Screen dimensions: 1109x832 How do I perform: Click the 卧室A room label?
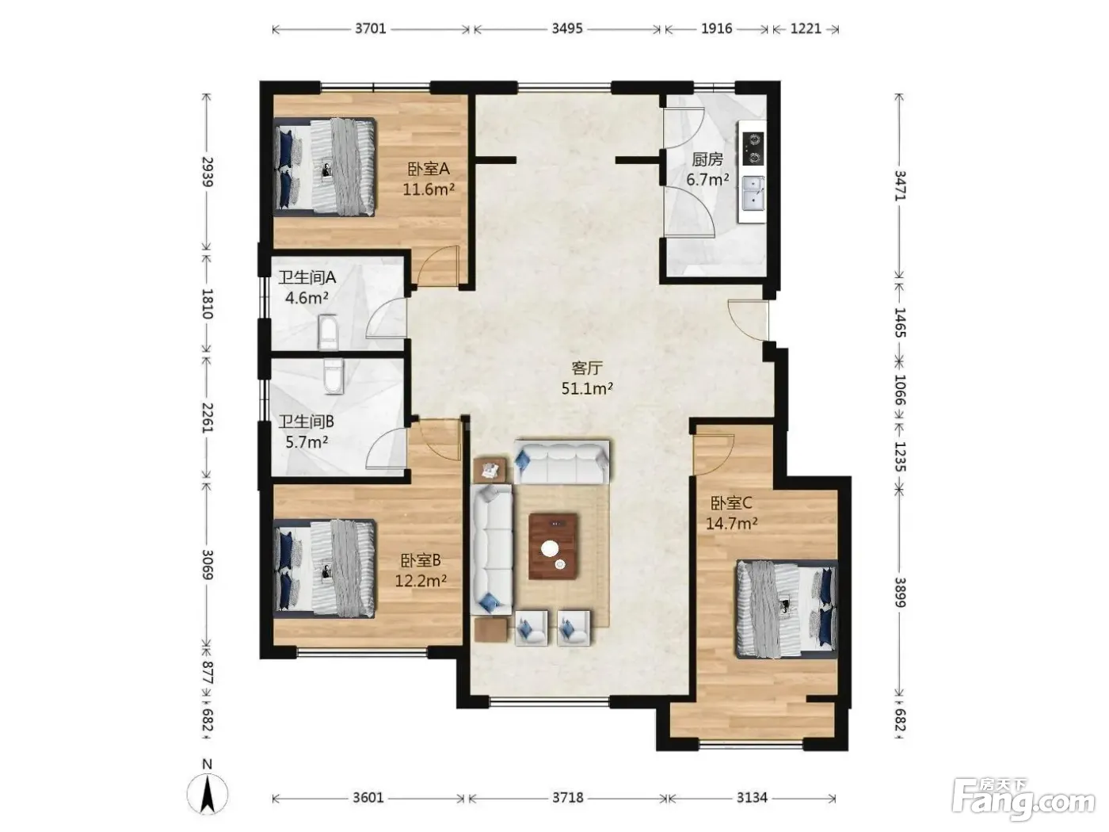pyautogui.click(x=429, y=168)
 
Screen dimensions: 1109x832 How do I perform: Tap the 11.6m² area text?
pyautogui.click(x=429, y=189)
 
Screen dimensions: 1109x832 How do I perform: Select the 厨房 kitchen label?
pyautogui.click(x=707, y=159)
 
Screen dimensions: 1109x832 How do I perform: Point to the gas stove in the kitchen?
pyautogui.click(x=753, y=148)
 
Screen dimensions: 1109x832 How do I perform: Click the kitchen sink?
pyautogui.click(x=753, y=193)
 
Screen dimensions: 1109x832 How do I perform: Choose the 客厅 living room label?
pyautogui.click(x=587, y=368)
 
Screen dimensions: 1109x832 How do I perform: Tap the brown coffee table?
pyautogui.click(x=553, y=546)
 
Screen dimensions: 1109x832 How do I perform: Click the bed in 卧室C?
pyautogui.click(x=786, y=609)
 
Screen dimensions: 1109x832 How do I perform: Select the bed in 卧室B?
pyautogui.click(x=324, y=568)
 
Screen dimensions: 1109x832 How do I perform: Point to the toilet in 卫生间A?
pyautogui.click(x=329, y=332)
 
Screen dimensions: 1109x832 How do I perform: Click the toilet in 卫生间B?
pyautogui.click(x=333, y=376)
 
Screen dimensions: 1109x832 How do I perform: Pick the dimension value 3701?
pyautogui.click(x=371, y=29)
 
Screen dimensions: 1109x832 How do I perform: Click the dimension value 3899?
pyautogui.click(x=900, y=593)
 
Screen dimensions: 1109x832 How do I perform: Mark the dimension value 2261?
pyautogui.click(x=208, y=418)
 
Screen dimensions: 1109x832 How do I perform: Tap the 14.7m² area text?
pyautogui.click(x=732, y=524)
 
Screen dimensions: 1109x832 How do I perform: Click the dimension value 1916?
pyautogui.click(x=716, y=29)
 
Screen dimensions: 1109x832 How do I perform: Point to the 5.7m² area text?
pyautogui.click(x=307, y=442)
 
